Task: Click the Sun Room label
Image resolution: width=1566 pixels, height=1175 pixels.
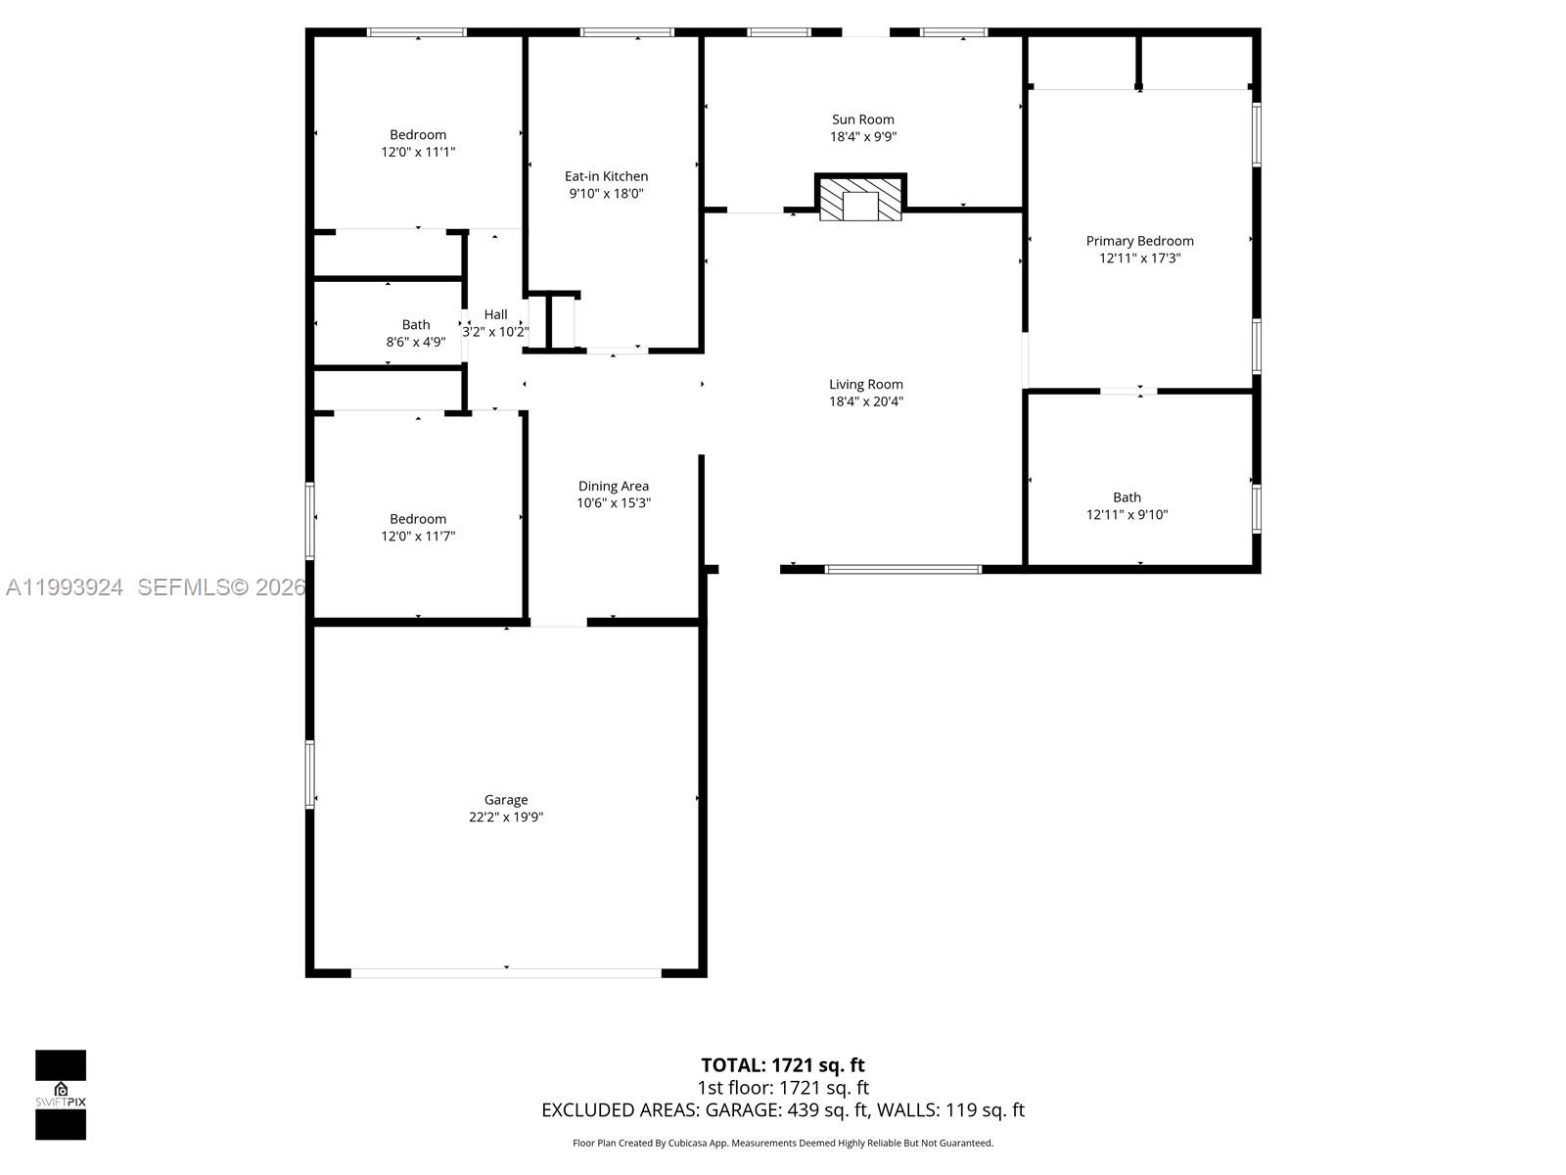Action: coord(862,119)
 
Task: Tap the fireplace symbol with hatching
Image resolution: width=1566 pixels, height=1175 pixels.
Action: coord(861,199)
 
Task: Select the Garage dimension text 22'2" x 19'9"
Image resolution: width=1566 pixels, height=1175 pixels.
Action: coord(506,817)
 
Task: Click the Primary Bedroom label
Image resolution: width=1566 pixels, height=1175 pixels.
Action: coord(1139,241)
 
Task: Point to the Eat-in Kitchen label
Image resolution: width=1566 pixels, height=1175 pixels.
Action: coord(606,176)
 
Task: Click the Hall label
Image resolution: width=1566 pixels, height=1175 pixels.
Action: coord(495,314)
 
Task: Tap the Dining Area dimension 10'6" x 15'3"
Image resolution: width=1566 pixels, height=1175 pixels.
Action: coord(613,503)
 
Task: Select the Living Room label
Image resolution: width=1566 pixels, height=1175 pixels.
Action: coord(865,385)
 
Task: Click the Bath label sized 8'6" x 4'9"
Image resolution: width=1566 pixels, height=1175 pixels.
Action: coord(416,324)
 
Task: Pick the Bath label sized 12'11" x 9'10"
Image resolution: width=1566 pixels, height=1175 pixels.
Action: coord(1127,497)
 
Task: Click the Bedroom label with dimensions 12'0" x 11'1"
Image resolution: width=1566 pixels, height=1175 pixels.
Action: coord(418,135)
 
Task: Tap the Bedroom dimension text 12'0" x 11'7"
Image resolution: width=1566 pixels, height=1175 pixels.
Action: coord(418,536)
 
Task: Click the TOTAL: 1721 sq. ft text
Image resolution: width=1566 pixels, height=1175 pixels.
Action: coord(782,1065)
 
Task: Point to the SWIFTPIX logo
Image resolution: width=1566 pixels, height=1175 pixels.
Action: coord(61,1094)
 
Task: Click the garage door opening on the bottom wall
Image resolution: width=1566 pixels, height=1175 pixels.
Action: coord(506,972)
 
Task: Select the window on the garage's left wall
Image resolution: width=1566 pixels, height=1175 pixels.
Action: coord(310,774)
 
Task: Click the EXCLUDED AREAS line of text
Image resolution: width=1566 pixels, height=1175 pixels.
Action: coord(782,1110)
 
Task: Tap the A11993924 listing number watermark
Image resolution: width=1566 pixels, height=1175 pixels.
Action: coord(65,587)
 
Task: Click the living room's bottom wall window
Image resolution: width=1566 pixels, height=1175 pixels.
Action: coord(902,569)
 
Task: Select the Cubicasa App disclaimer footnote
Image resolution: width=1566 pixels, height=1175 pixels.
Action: coord(782,1143)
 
